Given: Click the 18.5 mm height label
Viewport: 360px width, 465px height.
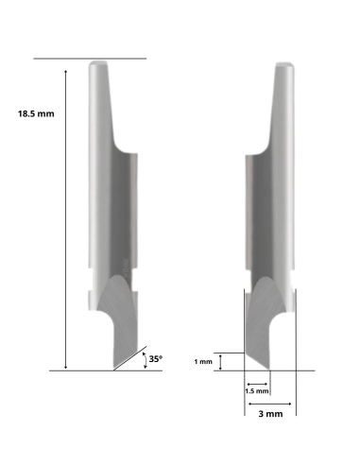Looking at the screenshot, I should [36, 112].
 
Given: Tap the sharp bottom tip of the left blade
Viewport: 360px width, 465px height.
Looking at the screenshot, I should [113, 369].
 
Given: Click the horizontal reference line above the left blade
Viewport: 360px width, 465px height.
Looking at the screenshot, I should [90, 59].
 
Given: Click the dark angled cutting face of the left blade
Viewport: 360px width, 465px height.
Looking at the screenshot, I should [118, 326].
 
